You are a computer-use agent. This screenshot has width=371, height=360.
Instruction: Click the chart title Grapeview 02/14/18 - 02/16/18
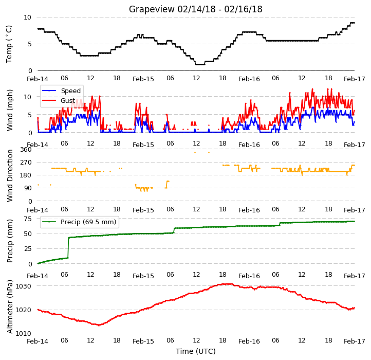pyautogui.click(x=195, y=9)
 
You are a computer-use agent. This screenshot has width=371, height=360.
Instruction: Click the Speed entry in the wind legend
pyautogui.click(x=71, y=91)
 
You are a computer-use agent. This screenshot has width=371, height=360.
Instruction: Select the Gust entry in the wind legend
pyautogui.click(x=68, y=101)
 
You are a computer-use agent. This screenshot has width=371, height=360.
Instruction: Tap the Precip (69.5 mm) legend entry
pyautogui.click(x=88, y=222)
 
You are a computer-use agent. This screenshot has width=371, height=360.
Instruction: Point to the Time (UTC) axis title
pyautogui.click(x=195, y=351)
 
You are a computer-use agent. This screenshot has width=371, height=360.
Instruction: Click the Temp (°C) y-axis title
pyautogui.click(x=9, y=44)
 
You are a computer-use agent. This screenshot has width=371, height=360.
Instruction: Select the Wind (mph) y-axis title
pyautogui.click(x=9, y=110)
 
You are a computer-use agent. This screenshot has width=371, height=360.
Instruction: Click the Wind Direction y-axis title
pyautogui.click(x=9, y=176)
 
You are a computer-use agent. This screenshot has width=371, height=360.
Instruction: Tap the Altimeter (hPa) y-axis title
pyautogui.click(x=9, y=307)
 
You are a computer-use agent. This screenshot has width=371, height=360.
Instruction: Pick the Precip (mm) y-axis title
pyautogui.click(x=9, y=241)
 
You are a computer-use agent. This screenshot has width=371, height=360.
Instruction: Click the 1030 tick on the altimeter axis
pyautogui.click(x=23, y=286)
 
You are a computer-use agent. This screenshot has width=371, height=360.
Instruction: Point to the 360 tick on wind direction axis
pyautogui.click(x=26, y=150)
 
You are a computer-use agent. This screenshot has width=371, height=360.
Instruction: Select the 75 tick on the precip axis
pyautogui.click(x=28, y=219)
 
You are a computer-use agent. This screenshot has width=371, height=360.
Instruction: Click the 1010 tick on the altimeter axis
pyautogui.click(x=23, y=333)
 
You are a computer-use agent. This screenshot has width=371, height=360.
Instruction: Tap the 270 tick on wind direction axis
pyautogui.click(x=26, y=163)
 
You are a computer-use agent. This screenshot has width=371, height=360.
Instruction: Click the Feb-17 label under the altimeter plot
pyautogui.click(x=354, y=341)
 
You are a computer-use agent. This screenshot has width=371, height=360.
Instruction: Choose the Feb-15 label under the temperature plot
pyautogui.click(x=143, y=79)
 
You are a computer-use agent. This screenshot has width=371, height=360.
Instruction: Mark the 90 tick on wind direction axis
pyautogui.click(x=28, y=188)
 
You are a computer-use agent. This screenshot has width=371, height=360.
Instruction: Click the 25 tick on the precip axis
pyautogui.click(x=28, y=249)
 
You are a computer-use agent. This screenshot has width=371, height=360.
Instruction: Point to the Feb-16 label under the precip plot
pyautogui.click(x=249, y=276)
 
